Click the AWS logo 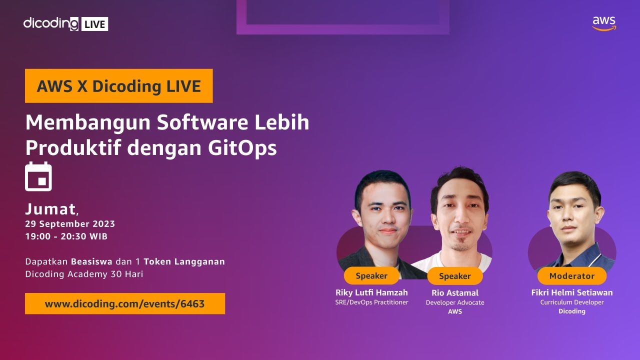604,23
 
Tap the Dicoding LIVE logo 65,23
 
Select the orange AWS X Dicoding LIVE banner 119,86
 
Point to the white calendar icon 38,176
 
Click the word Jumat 50,209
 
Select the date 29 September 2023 70,224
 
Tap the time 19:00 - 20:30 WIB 66,236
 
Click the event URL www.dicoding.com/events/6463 125,303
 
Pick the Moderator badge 572,276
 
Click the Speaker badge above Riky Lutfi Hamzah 371,276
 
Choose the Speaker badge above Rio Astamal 455,276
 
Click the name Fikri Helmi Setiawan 572,292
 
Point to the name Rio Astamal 455,293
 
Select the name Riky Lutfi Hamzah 371,292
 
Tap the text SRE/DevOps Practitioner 371,302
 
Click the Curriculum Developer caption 572,302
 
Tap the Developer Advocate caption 455,302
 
